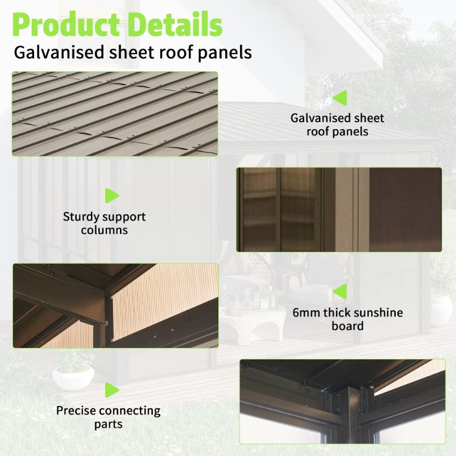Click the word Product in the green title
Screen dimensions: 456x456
(66, 25)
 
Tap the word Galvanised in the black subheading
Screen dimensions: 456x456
(59, 52)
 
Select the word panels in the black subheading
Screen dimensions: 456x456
(225, 53)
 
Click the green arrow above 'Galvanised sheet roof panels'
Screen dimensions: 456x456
(340, 98)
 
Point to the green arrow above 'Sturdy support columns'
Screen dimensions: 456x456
(112, 196)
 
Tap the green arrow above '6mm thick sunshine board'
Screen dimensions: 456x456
(340, 292)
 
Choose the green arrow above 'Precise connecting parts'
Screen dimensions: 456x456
(112, 390)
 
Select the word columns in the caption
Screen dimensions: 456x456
(105, 230)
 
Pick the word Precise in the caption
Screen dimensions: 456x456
(77, 411)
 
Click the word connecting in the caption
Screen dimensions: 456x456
(130, 411)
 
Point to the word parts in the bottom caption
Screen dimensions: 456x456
(108, 425)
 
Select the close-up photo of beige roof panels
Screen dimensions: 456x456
(115, 114)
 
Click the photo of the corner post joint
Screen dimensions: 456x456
(343, 401)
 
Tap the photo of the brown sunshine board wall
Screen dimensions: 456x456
(339, 210)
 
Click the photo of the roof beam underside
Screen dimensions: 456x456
(116, 306)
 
